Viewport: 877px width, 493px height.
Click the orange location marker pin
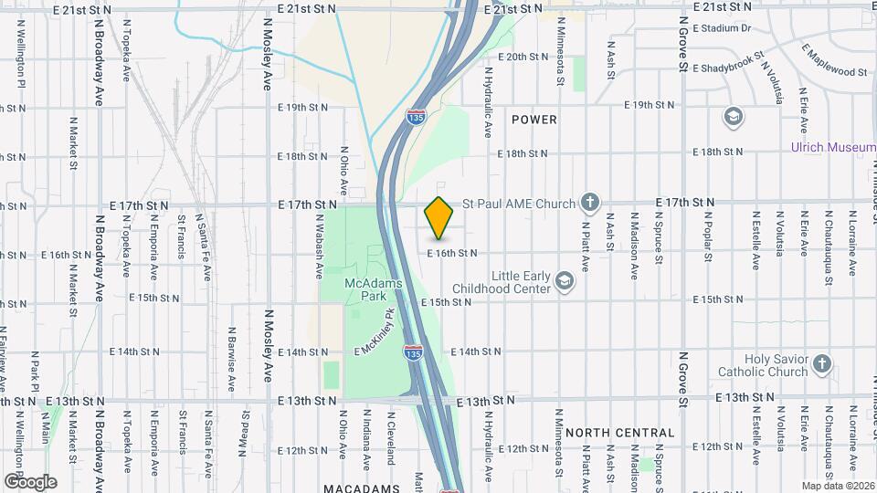(x=439, y=217)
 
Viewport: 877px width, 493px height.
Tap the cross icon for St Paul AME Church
(x=590, y=203)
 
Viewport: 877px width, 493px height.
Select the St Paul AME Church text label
(x=519, y=204)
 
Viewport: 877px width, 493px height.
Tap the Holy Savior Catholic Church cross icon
(x=821, y=365)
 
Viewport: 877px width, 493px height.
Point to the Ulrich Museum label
(x=833, y=147)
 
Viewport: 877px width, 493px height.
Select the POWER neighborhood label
(x=534, y=120)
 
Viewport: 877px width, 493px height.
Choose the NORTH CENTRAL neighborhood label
(x=620, y=433)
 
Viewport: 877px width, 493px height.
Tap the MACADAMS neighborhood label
(x=362, y=488)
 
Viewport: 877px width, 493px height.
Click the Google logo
(x=30, y=481)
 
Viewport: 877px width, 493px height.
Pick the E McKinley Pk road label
(x=375, y=333)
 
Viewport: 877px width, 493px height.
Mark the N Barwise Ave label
(x=233, y=353)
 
